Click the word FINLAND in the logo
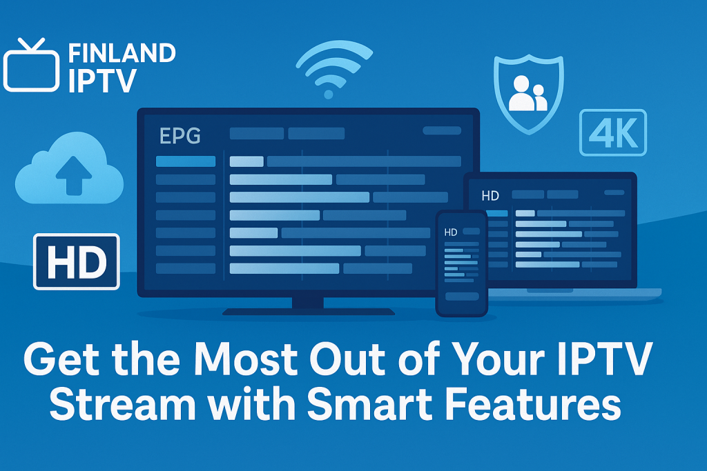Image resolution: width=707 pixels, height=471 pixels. coord(122,54)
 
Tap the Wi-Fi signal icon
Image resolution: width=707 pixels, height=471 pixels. coord(334,68)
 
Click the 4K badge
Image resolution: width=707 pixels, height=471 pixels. coord(613,132)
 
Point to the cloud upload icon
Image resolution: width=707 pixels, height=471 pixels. coord(69,168)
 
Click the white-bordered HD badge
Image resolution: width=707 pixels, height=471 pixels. coord(77,261)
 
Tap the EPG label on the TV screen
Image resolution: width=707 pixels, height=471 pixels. coord(180,136)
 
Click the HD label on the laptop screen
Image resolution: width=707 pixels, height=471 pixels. coord(490,196)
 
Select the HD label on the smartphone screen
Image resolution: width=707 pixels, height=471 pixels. coord(450,232)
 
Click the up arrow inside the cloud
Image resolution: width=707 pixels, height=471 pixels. coord(73,175)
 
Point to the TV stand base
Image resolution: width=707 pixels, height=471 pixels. coord(309,312)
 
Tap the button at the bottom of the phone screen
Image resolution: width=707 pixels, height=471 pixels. coord(462,297)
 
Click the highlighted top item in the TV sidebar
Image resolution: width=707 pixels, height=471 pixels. coord(186,161)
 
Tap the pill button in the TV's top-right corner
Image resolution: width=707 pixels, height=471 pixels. coord(442,130)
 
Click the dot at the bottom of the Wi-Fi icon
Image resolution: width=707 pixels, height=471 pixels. coord(329,94)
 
